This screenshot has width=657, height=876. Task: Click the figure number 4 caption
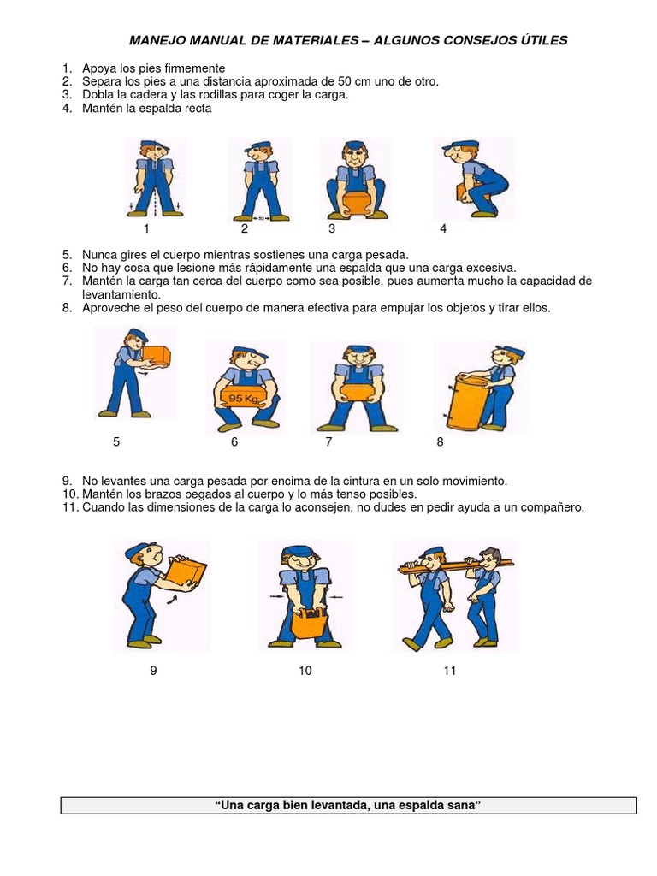point(443,228)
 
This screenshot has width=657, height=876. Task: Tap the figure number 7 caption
point(328,442)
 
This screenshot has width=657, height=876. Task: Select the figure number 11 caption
point(450,672)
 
